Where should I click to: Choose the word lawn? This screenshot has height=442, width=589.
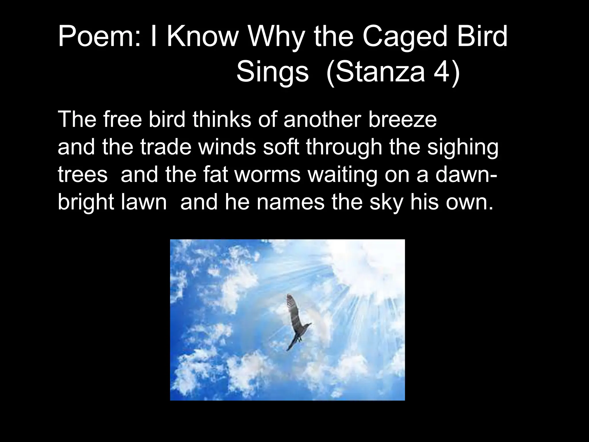pyautogui.click(x=144, y=202)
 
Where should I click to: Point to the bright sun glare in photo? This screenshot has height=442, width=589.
pyautogui.click(x=371, y=265)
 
